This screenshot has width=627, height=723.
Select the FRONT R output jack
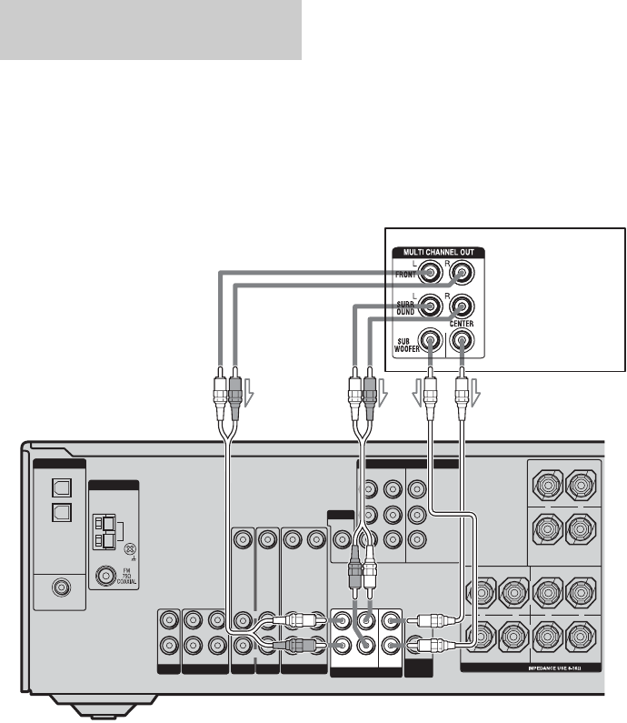tap(462, 270)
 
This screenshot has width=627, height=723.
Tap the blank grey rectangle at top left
tap(150, 30)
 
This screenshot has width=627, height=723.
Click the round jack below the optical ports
tap(61, 587)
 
